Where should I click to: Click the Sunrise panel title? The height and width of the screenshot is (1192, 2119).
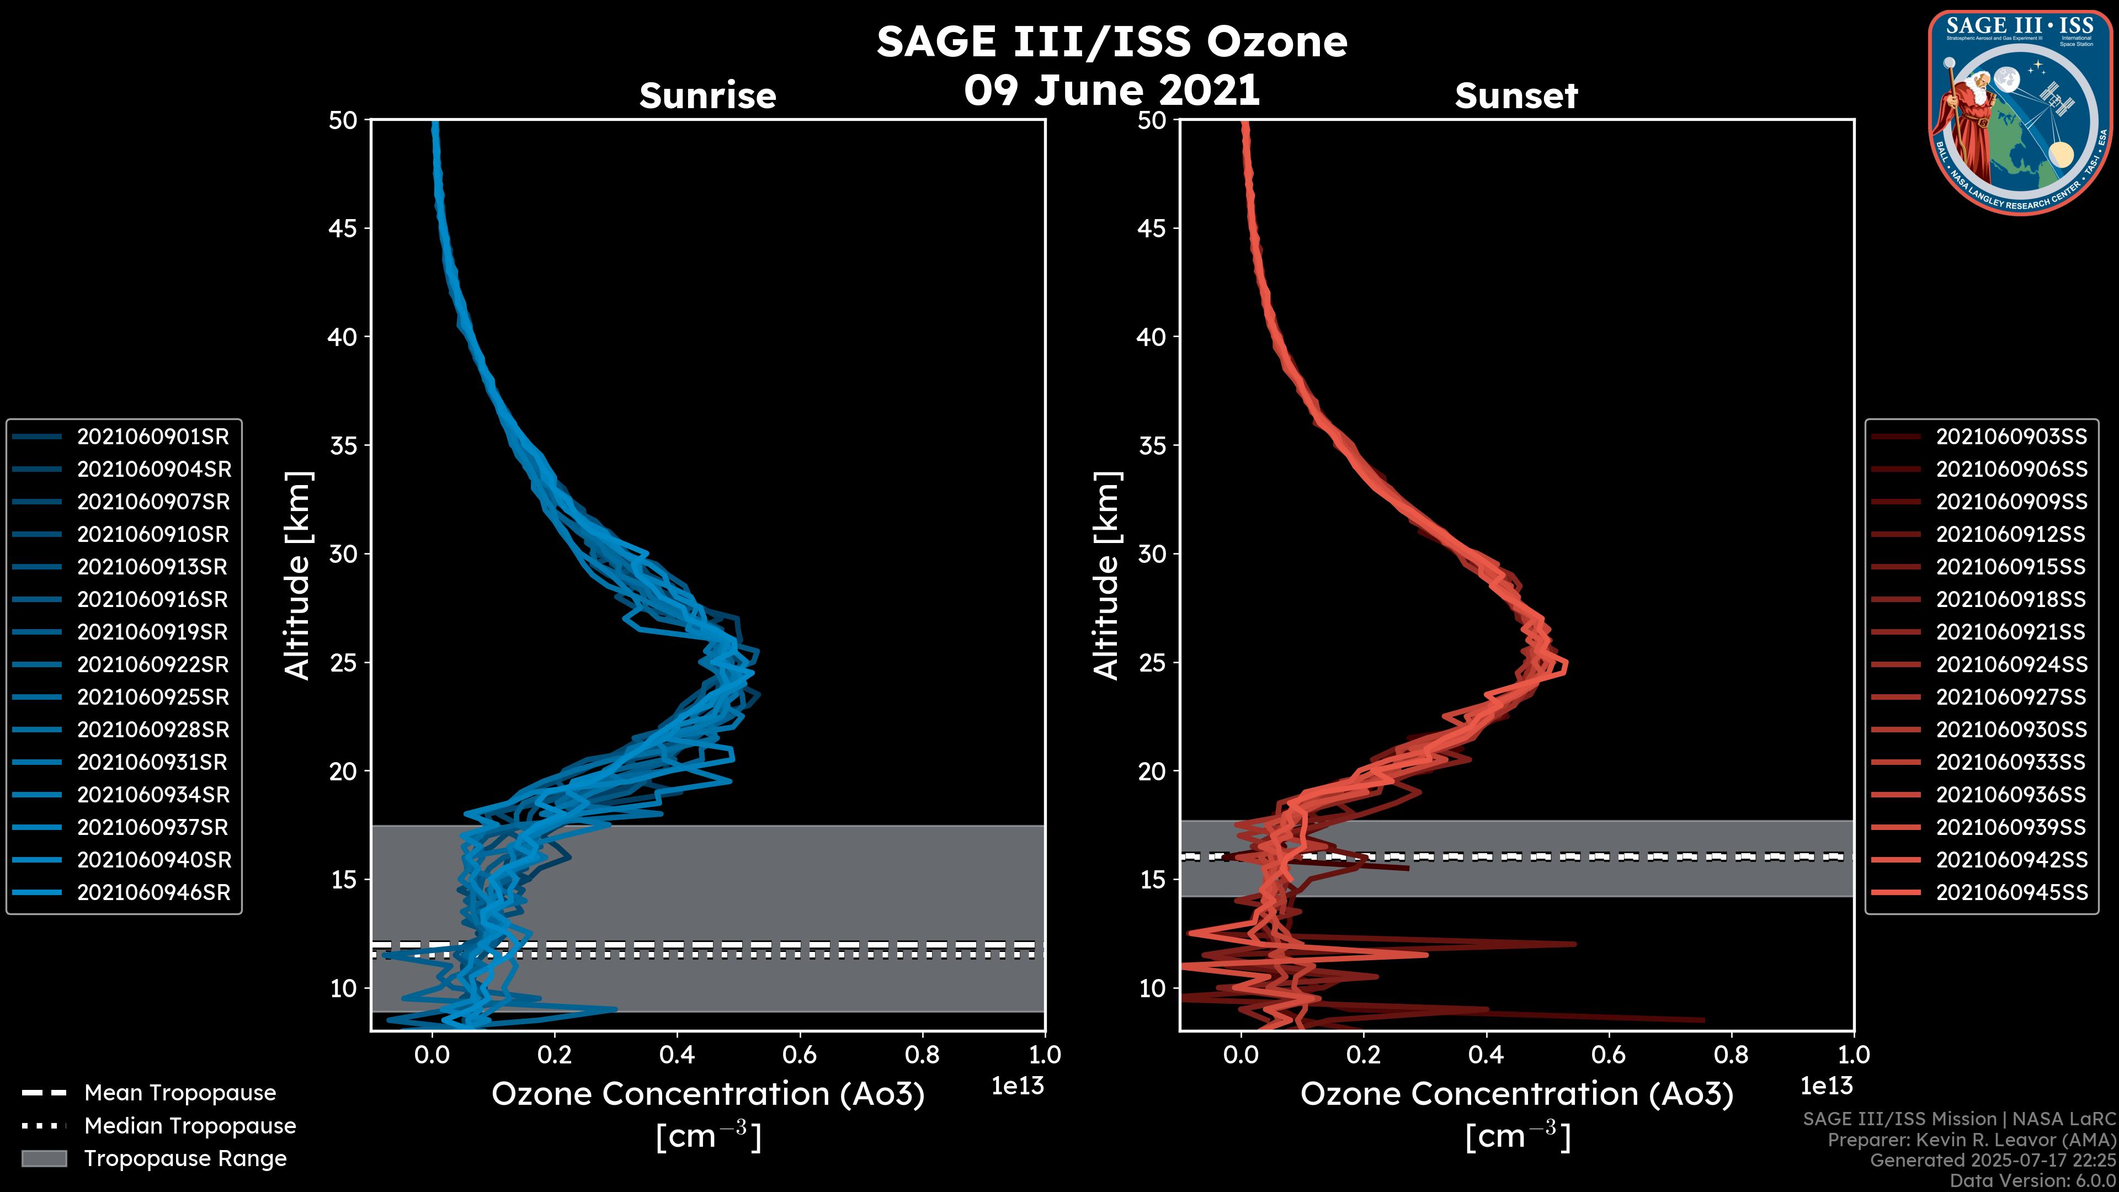pos(707,95)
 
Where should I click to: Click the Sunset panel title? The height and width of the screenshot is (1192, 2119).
pos(1516,95)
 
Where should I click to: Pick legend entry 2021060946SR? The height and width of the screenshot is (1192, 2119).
pos(153,892)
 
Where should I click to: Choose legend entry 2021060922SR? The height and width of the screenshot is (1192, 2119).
pos(152,664)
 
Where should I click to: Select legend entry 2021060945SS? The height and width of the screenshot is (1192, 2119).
pos(2011,892)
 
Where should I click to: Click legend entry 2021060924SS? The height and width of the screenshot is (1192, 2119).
pos(2011,664)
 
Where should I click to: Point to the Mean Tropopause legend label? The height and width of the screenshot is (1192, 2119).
pos(180,1093)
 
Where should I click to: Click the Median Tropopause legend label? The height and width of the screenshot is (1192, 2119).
pos(190,1125)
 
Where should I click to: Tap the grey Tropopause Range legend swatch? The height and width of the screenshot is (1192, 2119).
pos(44,1158)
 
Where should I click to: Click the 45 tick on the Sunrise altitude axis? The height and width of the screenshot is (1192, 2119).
pos(344,228)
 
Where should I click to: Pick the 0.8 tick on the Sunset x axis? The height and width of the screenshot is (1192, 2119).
pos(1731,1055)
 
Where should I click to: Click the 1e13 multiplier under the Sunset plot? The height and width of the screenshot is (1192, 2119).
pos(1826,1086)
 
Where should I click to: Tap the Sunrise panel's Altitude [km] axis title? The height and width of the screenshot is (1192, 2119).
pos(297,575)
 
